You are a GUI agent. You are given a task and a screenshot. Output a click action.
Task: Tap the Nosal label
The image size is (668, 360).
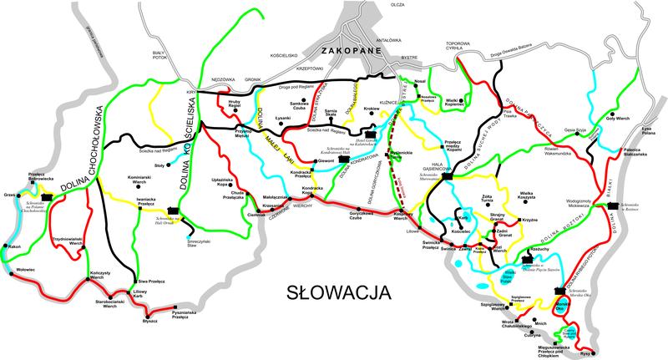419,80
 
